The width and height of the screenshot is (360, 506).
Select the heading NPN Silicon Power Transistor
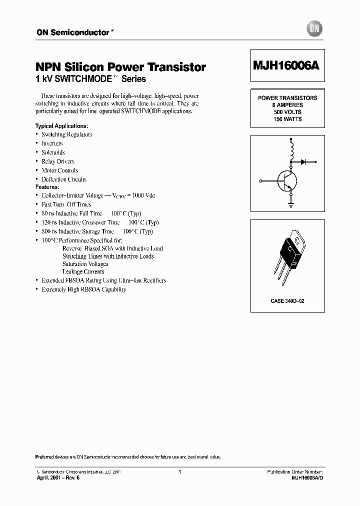coord(120,67)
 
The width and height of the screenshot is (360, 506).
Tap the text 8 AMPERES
coord(287,105)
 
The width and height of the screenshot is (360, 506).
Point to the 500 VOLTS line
coord(287,112)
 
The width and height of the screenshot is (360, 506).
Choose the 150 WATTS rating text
coord(287,119)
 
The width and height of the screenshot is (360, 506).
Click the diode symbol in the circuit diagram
coord(303,161)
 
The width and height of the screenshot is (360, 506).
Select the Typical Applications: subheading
coord(61,125)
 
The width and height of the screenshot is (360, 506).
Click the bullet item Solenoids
coord(53,152)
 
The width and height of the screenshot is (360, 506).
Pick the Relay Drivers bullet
coord(58,161)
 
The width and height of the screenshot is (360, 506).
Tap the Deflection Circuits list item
coord(64,179)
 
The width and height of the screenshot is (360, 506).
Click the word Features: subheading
coord(47,187)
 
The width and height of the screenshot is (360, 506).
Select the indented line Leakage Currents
coord(83,271)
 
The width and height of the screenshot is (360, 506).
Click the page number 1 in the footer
coord(179,471)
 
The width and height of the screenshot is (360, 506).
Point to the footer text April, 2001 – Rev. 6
coord(58,478)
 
